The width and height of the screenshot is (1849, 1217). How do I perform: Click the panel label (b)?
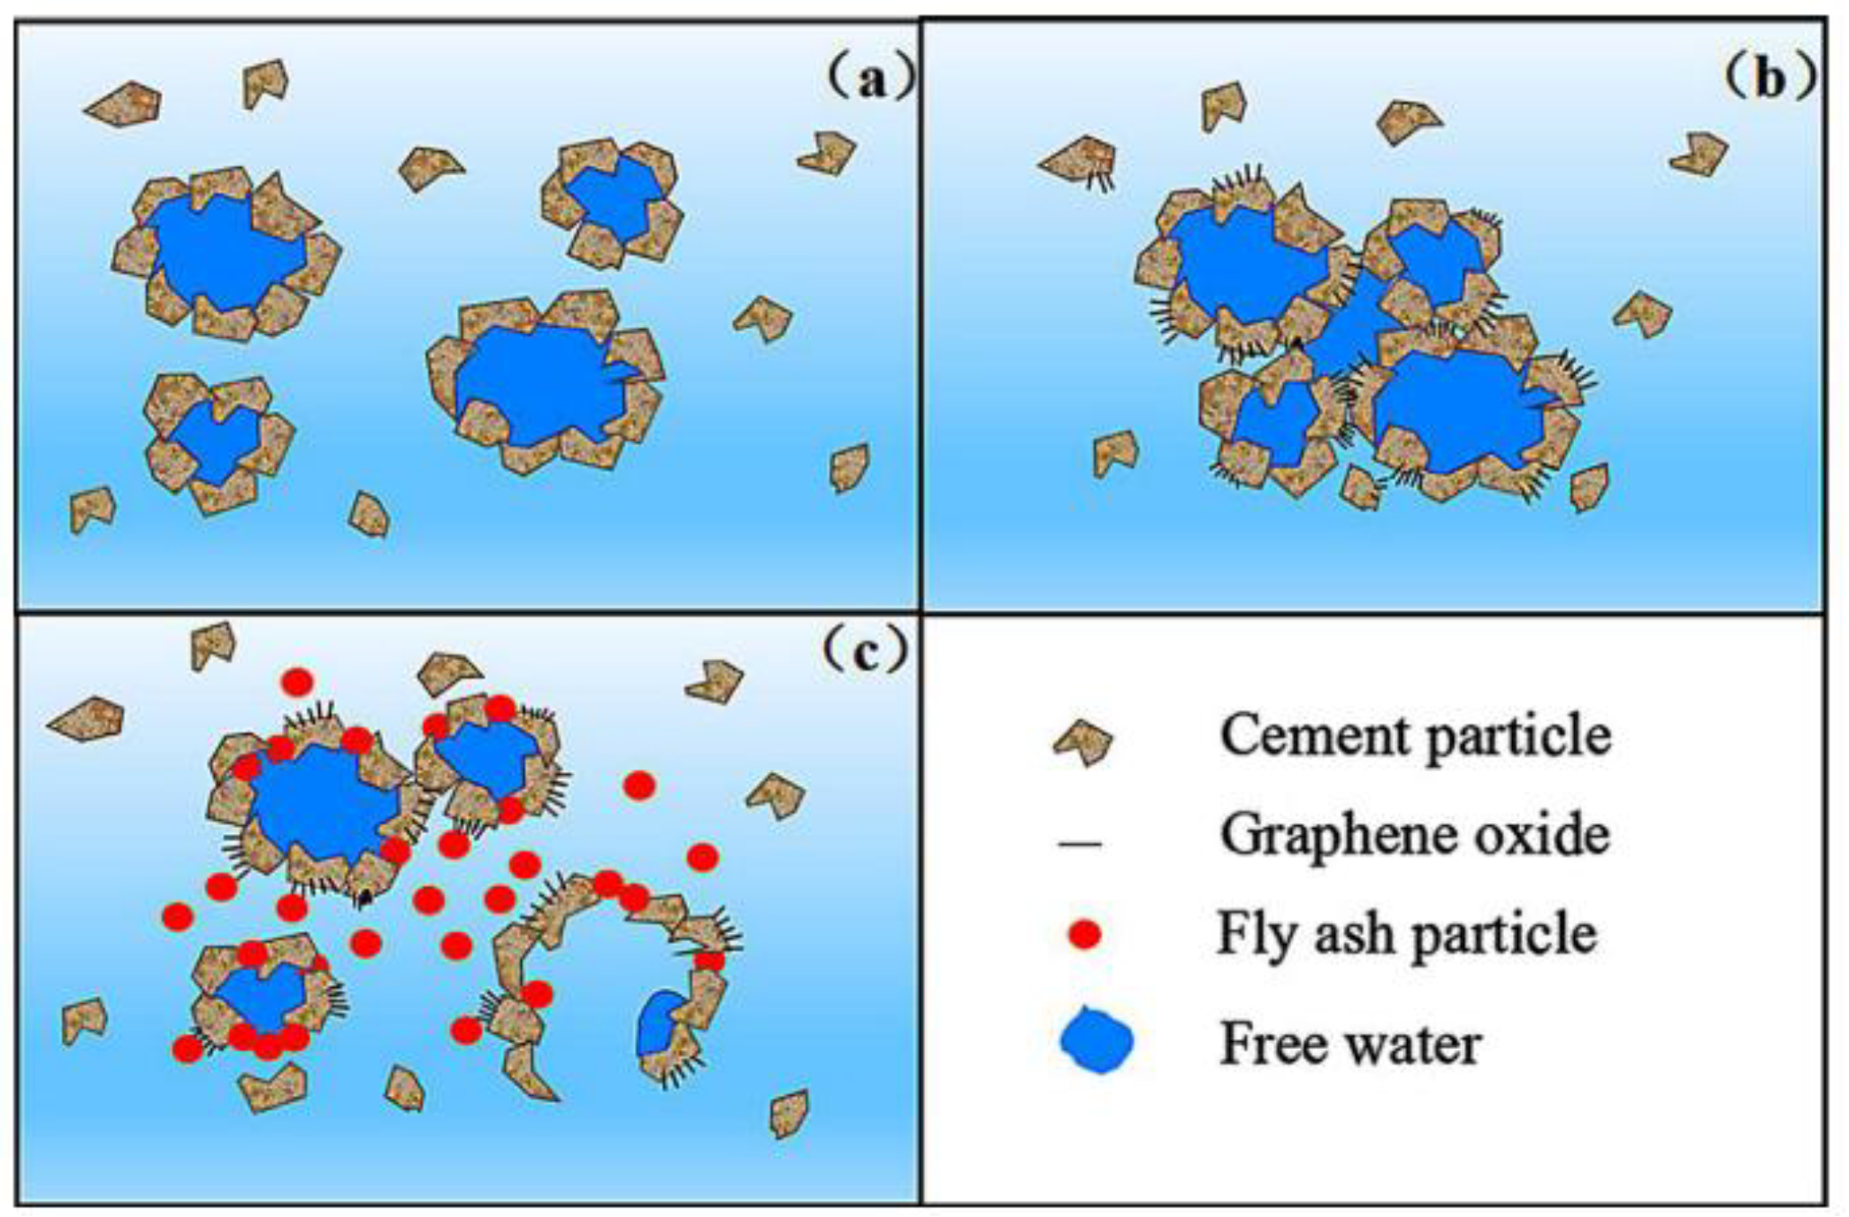[1769, 80]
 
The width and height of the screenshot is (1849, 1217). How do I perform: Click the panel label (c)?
[865, 652]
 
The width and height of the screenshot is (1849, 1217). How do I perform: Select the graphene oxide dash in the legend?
[1080, 843]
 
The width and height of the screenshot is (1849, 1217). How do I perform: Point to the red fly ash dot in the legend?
[1084, 934]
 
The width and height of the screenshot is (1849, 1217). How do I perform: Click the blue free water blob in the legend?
[1096, 1042]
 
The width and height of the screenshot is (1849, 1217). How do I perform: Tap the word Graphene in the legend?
[1344, 836]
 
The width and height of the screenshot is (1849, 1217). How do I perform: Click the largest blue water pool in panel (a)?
[539, 380]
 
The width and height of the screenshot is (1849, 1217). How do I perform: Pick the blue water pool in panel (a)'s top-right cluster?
[615, 199]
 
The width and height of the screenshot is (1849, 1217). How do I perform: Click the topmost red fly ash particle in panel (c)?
[297, 682]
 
